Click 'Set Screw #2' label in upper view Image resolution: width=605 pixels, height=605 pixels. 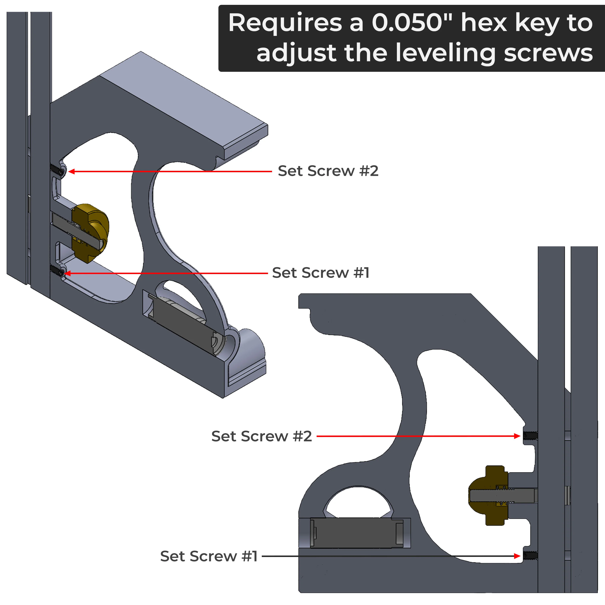[x=328, y=171]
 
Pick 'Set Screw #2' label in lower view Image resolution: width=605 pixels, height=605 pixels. [x=262, y=436]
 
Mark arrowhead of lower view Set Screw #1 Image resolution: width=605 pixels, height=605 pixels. [x=517, y=556]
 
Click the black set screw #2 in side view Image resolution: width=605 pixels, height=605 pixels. [x=530, y=436]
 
